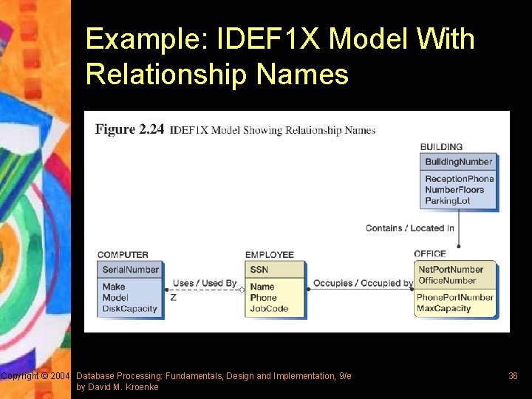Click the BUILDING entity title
coord(441,146)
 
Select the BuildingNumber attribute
coord(458,162)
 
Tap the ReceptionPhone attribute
coord(459,179)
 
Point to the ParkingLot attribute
coord(447,200)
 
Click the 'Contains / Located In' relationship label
coord(409,228)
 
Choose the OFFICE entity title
coord(430,254)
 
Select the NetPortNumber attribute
coord(451,270)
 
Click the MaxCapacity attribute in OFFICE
coord(443,308)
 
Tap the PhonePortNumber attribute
coord(454,297)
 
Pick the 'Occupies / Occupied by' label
coord(363,283)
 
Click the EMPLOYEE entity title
coord(270,255)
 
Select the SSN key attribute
coord(259,270)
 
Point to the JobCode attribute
coord(268,308)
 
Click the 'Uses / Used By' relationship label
coord(205,283)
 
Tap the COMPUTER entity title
coord(123,255)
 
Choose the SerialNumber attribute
coord(130,270)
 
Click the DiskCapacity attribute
coord(129,308)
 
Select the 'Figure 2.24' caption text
coord(129,130)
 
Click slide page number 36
coord(513,376)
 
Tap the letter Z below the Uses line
coord(173,297)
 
